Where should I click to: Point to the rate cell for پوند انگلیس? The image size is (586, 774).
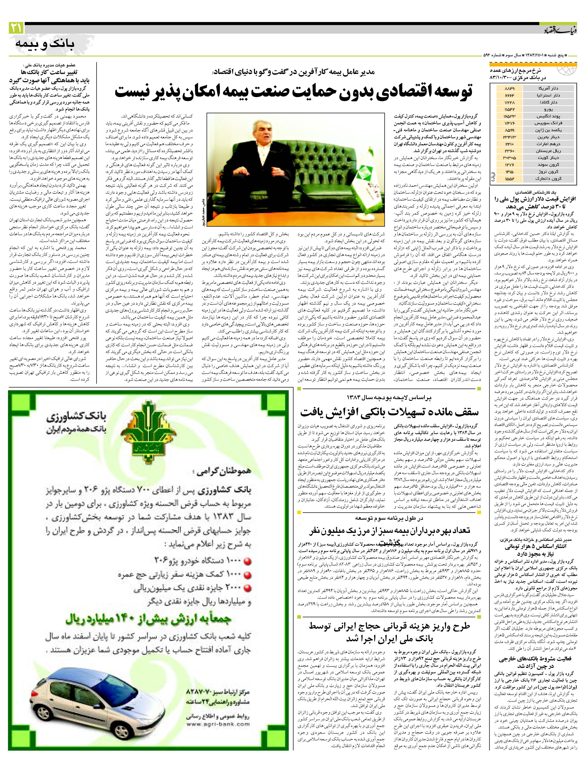click(x=509, y=116)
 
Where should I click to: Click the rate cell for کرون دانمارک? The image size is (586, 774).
click(x=509, y=178)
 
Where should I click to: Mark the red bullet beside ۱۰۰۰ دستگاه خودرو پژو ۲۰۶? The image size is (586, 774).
click(x=247, y=562)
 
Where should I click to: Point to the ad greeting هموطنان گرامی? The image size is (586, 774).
click(x=224, y=472)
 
